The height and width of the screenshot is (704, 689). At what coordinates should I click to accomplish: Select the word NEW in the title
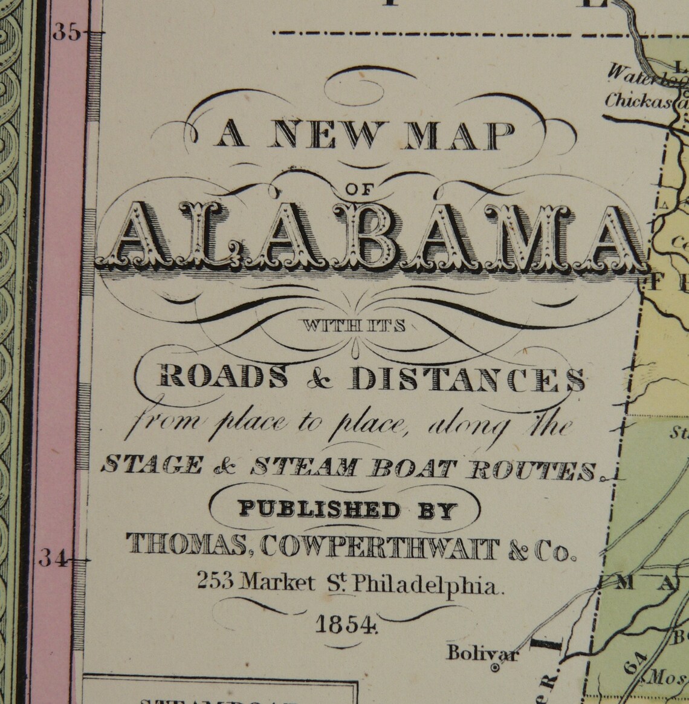(320, 136)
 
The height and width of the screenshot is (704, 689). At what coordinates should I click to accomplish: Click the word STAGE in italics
(143, 466)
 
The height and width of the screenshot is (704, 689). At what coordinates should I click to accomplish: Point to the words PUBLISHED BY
(346, 510)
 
